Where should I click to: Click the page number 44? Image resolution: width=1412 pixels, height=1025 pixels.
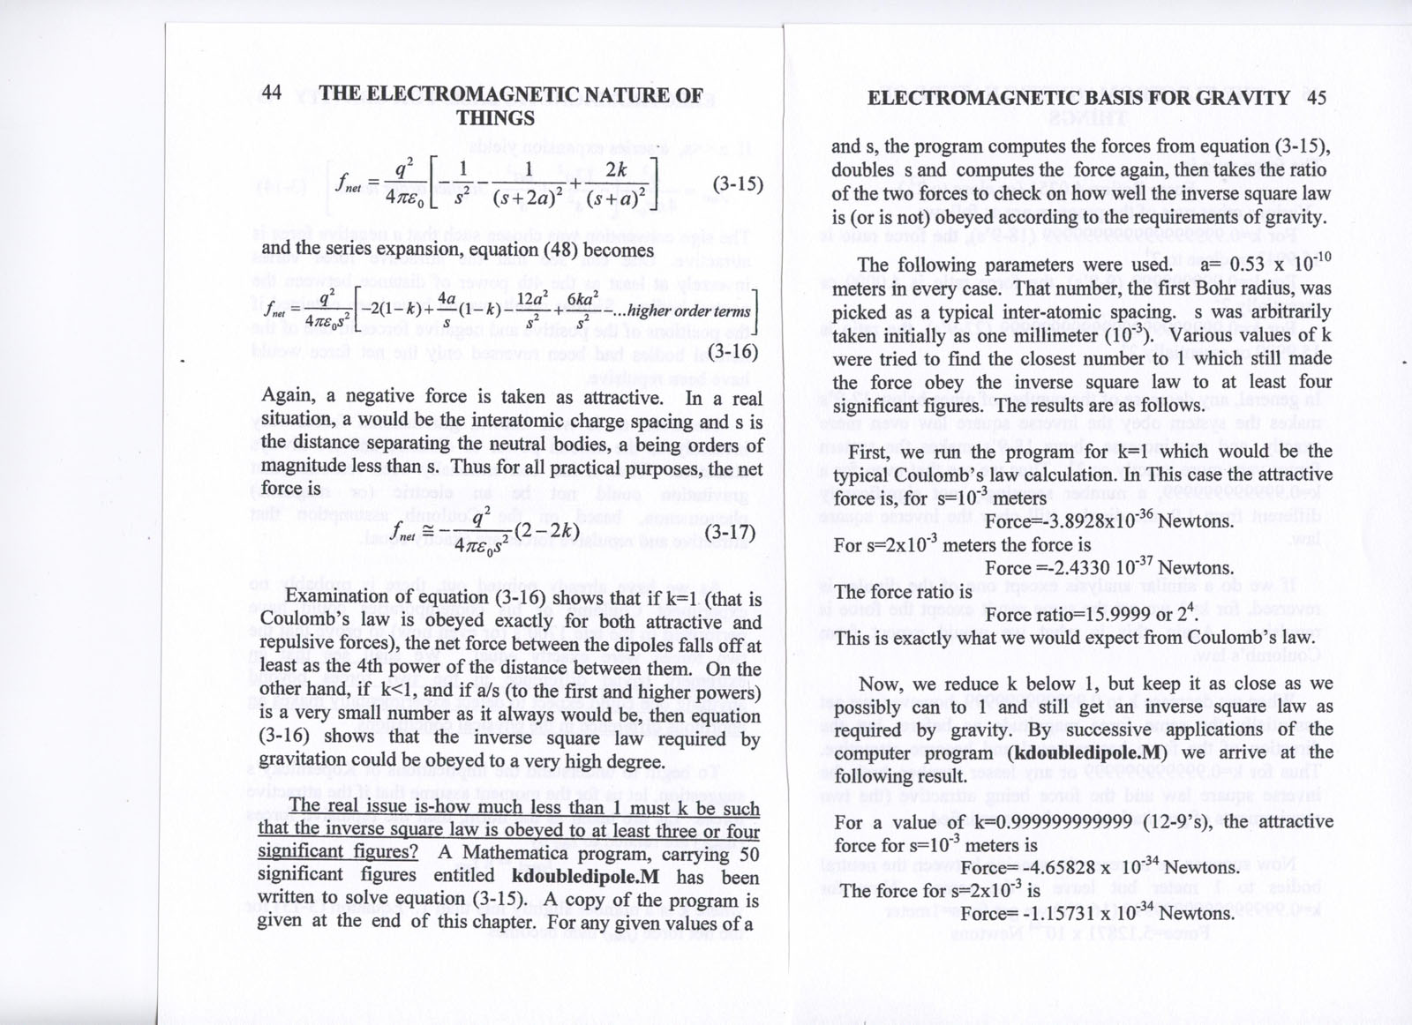click(x=272, y=94)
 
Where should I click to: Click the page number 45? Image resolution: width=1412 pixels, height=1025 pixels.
click(x=1316, y=98)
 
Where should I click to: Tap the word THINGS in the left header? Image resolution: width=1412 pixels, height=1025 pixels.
click(x=495, y=118)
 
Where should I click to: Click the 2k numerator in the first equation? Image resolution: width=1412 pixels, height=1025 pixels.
click(x=616, y=170)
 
